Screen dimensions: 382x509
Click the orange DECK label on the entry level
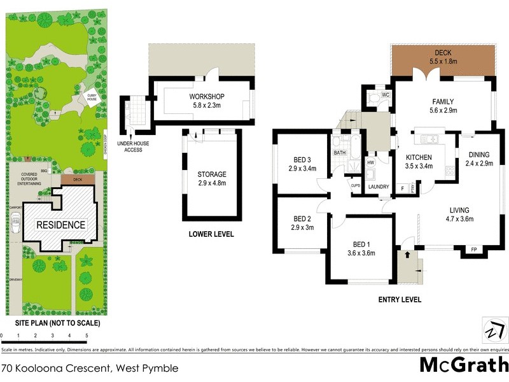(x=442, y=53)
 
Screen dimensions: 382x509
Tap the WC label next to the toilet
(x=386, y=95)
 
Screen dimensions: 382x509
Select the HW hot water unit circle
(x=370, y=163)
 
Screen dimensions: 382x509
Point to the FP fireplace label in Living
(x=473, y=249)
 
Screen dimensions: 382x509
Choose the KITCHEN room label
(x=419, y=157)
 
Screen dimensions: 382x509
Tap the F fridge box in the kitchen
(x=401, y=188)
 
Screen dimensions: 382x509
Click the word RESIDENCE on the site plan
(x=60, y=225)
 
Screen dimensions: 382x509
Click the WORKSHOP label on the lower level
(x=207, y=96)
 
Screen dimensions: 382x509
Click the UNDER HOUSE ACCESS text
(x=133, y=147)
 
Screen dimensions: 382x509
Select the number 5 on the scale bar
(x=87, y=335)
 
